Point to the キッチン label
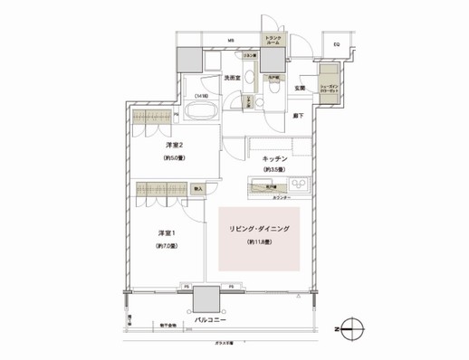(x=275, y=157)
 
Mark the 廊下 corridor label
(x=299, y=114)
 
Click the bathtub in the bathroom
(x=197, y=112)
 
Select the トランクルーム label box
(x=273, y=40)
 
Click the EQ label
(x=335, y=43)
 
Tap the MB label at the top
(x=231, y=42)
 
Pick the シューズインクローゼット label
(x=328, y=90)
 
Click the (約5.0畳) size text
(x=175, y=159)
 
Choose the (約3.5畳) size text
(x=274, y=170)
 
